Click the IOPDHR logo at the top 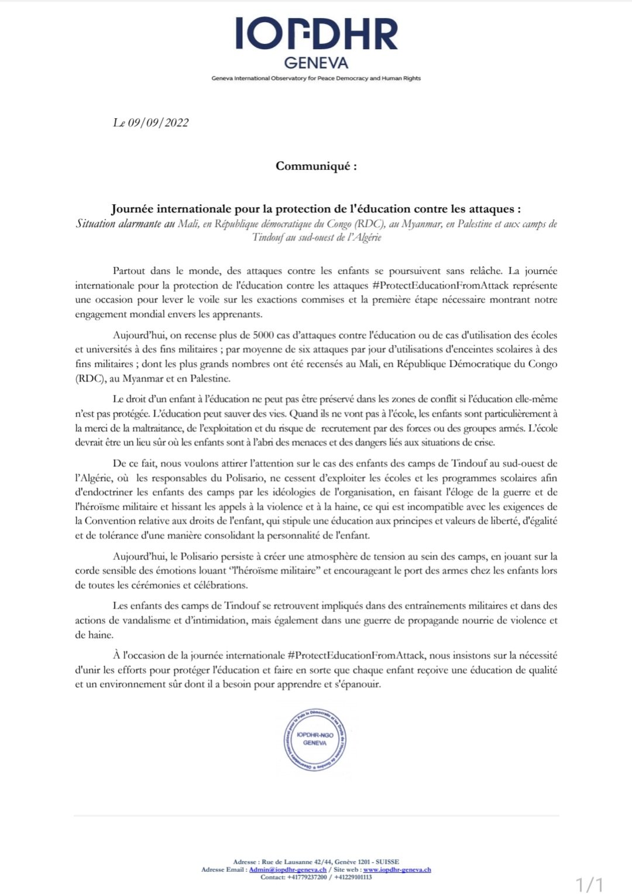point(316,34)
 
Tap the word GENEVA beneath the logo point(316,63)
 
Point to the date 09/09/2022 point(158,122)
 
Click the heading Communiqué point(316,166)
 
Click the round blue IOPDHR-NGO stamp point(315,739)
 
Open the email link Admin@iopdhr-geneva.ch point(287,869)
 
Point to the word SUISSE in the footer point(387,862)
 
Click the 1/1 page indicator point(589,883)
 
